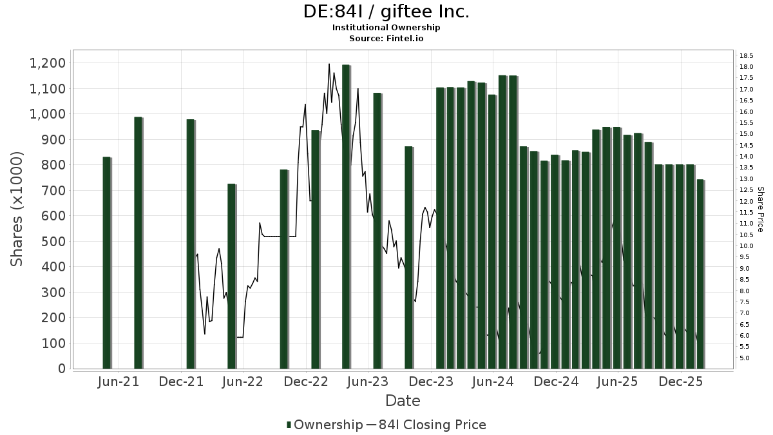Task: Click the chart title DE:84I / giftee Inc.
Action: pyautogui.click(x=386, y=12)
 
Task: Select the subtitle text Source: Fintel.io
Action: pyautogui.click(x=386, y=39)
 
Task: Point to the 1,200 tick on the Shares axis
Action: pyautogui.click(x=47, y=63)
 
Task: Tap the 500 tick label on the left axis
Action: pyautogui.click(x=53, y=241)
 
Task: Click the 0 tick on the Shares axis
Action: pyautogui.click(x=62, y=369)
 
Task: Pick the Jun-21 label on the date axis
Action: pyautogui.click(x=119, y=382)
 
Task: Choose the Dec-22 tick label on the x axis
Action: pyautogui.click(x=306, y=382)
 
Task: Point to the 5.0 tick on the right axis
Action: pyautogui.click(x=745, y=358)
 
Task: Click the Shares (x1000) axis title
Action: pyautogui.click(x=17, y=209)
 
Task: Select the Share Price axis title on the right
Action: pyautogui.click(x=760, y=209)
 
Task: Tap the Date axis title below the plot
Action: pyautogui.click(x=403, y=401)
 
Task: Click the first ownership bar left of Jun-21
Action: pyautogui.click(x=106, y=263)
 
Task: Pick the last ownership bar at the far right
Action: pyautogui.click(x=700, y=274)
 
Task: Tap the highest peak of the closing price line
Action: pyautogui.click(x=329, y=64)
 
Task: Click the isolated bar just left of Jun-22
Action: pyautogui.click(x=231, y=276)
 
